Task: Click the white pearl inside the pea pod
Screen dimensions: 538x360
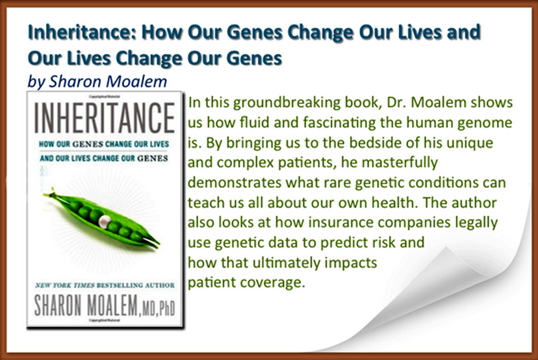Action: pos(105,222)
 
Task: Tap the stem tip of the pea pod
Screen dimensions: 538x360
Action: pos(53,188)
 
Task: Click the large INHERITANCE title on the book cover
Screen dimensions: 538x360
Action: pos(105,118)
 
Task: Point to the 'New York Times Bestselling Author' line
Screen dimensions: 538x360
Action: pos(105,285)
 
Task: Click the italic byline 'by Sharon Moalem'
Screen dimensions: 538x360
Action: pos(97,82)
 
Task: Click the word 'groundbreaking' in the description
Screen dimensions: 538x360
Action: pos(287,103)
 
